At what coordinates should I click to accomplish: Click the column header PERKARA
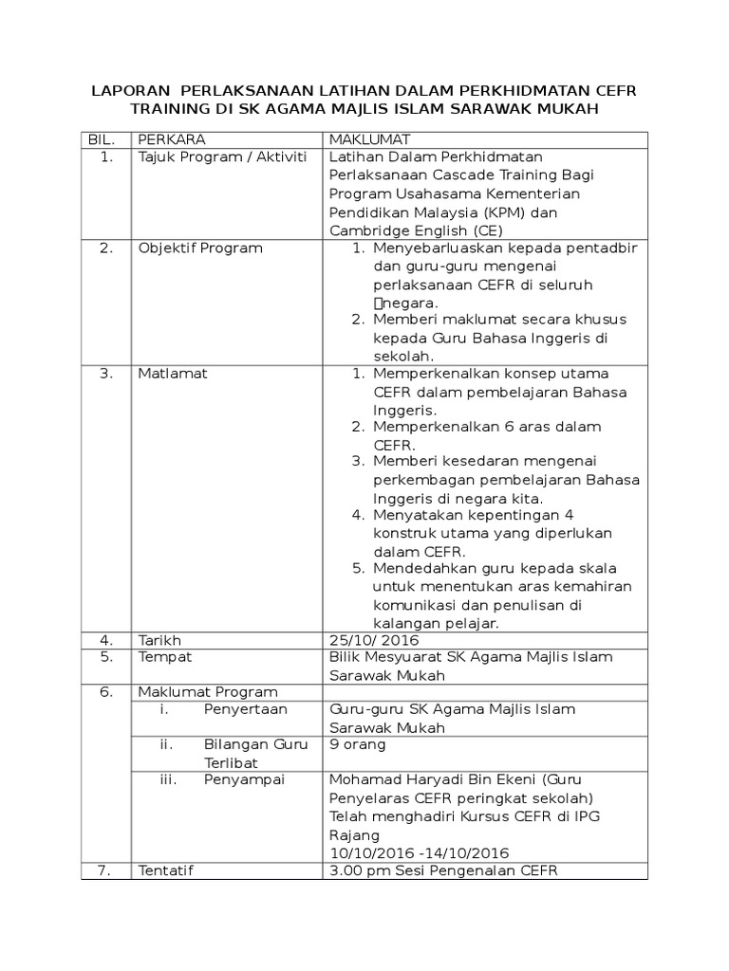coord(172,139)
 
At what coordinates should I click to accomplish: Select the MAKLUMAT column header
coord(368,139)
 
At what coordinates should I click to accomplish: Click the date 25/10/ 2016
coord(374,639)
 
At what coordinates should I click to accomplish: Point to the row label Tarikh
coord(159,639)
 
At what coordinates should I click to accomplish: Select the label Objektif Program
coord(200,248)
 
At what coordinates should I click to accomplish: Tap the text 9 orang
coord(357,744)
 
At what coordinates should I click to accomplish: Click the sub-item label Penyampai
coord(245,779)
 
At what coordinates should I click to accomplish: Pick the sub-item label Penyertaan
coord(245,709)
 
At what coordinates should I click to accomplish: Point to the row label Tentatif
coord(166,870)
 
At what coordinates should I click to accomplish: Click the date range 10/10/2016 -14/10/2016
coord(419,852)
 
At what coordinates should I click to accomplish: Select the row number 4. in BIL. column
coord(107,639)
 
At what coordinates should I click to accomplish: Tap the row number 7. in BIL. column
coord(107,870)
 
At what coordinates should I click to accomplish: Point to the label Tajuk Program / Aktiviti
coord(223,156)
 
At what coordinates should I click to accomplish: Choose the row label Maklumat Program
coord(208,691)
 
